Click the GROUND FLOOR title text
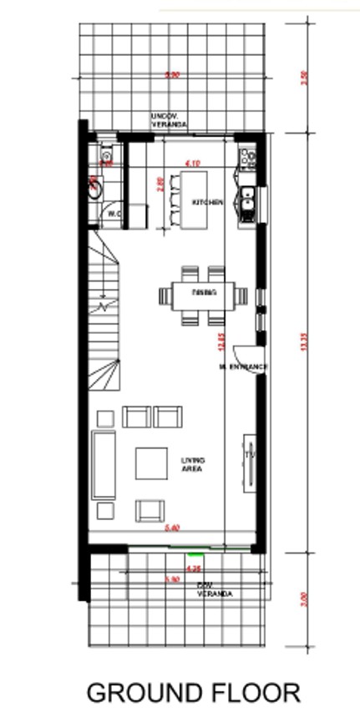(x=194, y=692)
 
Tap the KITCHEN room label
(x=207, y=203)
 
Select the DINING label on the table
(x=204, y=292)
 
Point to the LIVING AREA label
(x=193, y=464)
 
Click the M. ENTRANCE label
(x=243, y=367)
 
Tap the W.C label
(x=114, y=215)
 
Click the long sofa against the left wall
(x=104, y=465)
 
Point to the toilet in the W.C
(x=94, y=187)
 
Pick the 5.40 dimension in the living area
(x=173, y=528)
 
